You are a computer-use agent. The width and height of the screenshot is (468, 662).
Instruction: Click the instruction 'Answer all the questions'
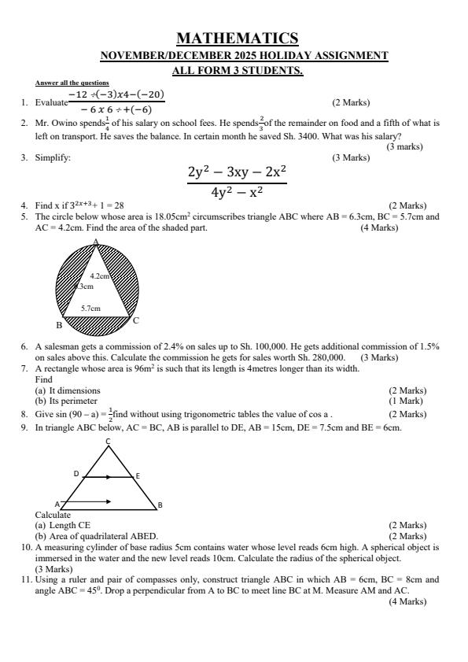[x=72, y=83]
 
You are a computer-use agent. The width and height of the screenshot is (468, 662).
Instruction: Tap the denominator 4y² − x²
[x=237, y=193]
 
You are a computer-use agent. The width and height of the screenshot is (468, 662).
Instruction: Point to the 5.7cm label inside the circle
[x=90, y=309]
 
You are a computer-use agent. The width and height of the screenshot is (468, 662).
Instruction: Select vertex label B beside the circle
[x=58, y=324]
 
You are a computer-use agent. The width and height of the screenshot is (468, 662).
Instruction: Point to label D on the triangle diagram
[x=76, y=474]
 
